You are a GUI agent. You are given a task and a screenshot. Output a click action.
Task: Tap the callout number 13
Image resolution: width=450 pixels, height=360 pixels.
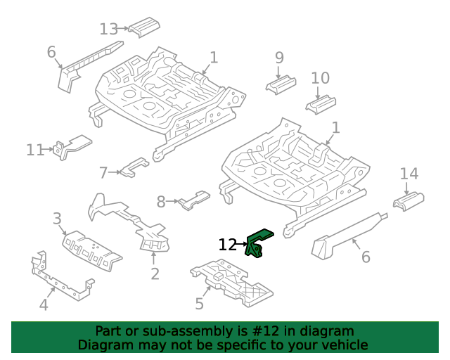pos(108,30)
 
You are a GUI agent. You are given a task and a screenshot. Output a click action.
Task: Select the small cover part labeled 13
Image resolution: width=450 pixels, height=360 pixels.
pos(144,27)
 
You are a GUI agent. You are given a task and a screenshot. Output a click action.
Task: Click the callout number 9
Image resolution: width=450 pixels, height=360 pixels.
pos(279,58)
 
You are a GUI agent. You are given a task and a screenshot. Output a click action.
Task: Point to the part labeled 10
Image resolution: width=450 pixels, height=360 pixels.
pos(321,105)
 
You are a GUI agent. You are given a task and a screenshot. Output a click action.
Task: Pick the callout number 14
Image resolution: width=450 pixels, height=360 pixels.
pos(409,174)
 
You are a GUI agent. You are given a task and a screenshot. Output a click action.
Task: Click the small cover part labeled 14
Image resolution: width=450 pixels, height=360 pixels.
pos(409,202)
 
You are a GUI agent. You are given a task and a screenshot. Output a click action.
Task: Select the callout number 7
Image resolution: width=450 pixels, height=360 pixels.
pos(103,173)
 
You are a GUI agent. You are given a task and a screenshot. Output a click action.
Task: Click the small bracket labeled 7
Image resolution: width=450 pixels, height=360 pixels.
pos(134,167)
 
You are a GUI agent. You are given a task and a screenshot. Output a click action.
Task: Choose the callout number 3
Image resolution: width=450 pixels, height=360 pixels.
pos(57,219)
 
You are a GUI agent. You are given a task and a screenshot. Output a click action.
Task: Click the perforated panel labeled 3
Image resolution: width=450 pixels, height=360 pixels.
pos(92,250)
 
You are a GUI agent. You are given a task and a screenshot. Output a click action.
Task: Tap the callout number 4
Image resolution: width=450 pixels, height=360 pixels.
pos(44,304)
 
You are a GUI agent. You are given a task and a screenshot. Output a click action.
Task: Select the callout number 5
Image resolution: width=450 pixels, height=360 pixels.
pos(200,304)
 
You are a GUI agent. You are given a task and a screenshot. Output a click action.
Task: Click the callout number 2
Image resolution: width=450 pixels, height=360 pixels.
pos(155,274)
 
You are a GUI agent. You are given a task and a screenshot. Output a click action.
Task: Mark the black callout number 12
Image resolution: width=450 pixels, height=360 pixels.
pos(227,245)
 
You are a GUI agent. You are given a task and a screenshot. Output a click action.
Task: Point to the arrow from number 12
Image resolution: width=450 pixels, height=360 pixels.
pos(242,244)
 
